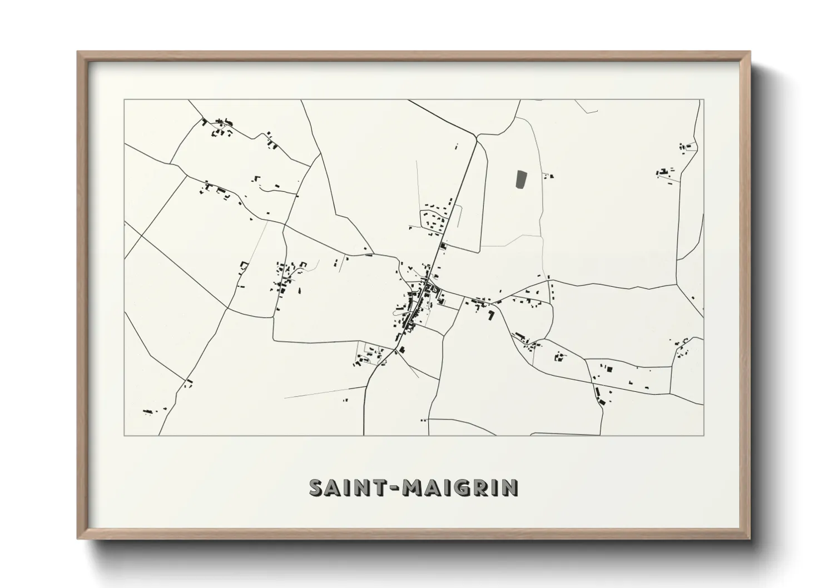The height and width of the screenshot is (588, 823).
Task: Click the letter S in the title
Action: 317,488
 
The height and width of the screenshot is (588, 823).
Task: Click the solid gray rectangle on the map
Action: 521,180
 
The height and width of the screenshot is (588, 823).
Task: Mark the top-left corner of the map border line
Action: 124,100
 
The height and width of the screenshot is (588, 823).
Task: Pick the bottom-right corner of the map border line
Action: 703,435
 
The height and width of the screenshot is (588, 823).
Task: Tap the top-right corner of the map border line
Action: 703,100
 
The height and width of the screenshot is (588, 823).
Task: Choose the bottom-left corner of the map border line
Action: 124,435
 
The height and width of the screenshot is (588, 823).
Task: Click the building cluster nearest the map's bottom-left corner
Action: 148,412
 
